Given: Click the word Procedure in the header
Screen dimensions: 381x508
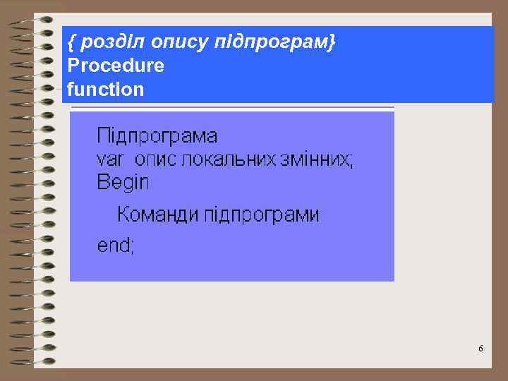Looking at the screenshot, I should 116,66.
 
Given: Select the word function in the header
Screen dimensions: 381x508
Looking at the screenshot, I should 105,90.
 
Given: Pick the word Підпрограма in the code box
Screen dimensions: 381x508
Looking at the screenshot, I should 157,135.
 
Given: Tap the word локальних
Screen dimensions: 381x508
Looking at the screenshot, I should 227,159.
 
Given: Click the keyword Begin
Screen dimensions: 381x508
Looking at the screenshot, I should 123,183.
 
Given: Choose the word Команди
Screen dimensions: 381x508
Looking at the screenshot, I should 158,214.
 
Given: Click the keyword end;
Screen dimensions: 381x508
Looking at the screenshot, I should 115,246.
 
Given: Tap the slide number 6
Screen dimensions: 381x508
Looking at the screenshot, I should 480,349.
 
